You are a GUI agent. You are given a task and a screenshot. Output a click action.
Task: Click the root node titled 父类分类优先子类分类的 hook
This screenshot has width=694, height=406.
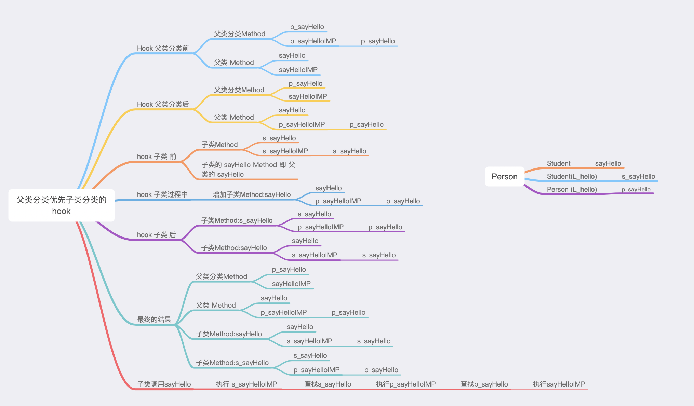[62, 205]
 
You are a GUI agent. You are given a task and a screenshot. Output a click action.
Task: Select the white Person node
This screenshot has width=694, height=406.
[504, 177]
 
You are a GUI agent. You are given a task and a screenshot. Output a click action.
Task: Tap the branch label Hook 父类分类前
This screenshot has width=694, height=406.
[163, 48]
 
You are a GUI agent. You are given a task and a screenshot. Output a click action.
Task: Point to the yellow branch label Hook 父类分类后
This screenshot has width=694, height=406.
[163, 104]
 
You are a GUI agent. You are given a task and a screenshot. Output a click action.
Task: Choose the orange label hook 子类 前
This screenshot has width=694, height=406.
[157, 157]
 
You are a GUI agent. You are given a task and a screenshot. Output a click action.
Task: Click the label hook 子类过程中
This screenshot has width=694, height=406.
[162, 194]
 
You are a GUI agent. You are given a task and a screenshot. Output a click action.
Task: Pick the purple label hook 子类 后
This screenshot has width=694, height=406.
[156, 235]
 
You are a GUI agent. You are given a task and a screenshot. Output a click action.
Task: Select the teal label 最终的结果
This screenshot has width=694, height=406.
[154, 320]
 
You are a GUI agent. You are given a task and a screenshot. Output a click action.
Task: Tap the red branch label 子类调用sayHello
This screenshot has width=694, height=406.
[164, 384]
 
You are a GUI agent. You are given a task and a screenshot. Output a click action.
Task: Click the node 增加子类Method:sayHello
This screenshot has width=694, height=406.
[252, 194]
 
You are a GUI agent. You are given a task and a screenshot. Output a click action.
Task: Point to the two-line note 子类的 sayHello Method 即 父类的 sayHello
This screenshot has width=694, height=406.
[248, 170]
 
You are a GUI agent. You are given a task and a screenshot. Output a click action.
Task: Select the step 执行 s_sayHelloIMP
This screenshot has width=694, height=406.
[246, 384]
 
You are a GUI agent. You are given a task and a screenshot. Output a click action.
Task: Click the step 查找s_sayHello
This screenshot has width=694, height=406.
[328, 384]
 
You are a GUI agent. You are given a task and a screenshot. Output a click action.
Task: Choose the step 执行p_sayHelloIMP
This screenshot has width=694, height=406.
[406, 384]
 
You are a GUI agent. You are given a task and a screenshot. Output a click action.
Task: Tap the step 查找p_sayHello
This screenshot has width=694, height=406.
[484, 384]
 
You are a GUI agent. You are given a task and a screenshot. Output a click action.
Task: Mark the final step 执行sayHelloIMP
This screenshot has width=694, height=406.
[559, 384]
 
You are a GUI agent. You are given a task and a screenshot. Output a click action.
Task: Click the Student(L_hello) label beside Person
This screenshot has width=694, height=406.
[572, 176]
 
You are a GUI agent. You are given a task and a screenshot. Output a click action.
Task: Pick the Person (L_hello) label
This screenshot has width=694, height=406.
[572, 189]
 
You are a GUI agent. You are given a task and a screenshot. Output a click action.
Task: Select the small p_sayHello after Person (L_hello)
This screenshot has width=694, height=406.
[636, 190]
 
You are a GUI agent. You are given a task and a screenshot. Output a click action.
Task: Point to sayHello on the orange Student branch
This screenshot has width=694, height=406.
[608, 163]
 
